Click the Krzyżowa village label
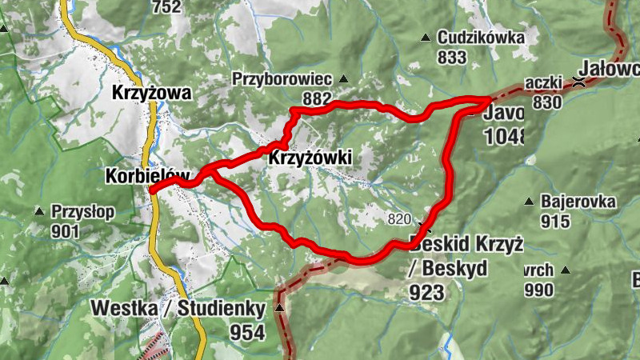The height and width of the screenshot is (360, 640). pyautogui.click(x=151, y=93)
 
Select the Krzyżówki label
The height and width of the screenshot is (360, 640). pyautogui.click(x=311, y=158)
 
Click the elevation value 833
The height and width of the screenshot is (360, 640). pyautogui.click(x=452, y=57)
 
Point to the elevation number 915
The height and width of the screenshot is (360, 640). pyautogui.click(x=554, y=222)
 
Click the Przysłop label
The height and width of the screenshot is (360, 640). pyautogui.click(x=83, y=212)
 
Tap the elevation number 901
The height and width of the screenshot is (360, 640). pyautogui.click(x=66, y=231)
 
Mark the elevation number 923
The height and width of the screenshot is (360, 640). pyautogui.click(x=426, y=292)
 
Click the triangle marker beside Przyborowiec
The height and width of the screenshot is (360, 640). pyautogui.click(x=343, y=78)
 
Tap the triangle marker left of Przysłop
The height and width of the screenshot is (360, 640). pyautogui.click(x=38, y=212)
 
